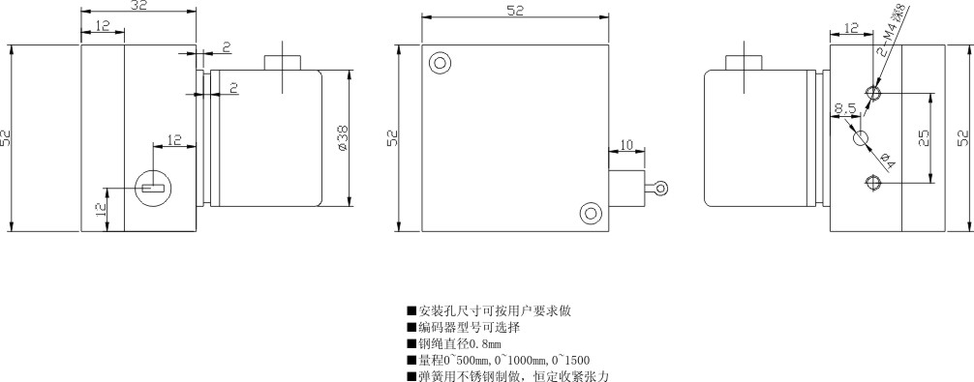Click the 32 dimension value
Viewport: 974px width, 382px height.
pos(137,7)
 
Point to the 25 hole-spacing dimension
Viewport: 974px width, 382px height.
pos(924,137)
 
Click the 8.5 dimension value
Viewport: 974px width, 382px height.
pos(843,108)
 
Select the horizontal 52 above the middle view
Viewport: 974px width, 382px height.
pos(515,10)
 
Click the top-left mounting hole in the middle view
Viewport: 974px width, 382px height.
pos(441,64)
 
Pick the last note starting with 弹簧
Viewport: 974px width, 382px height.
pos(509,375)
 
